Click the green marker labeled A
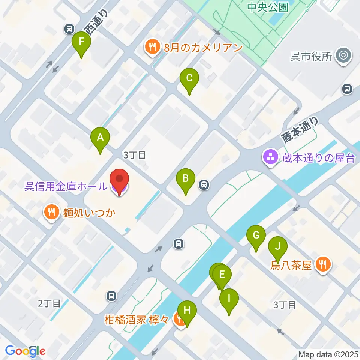(x=100, y=138)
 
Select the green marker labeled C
(x=189, y=79)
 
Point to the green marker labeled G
(x=256, y=236)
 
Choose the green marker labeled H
(x=186, y=311)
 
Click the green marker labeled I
(x=229, y=299)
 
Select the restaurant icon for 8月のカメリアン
(x=152, y=47)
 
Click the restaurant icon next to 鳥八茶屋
(x=323, y=265)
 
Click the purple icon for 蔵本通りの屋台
(x=270, y=158)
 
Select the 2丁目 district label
(x=49, y=303)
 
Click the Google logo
(x=25, y=351)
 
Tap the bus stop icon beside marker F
(x=69, y=28)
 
